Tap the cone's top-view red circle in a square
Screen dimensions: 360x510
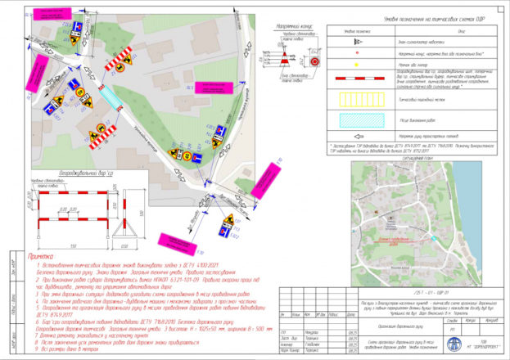coord(315,61)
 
